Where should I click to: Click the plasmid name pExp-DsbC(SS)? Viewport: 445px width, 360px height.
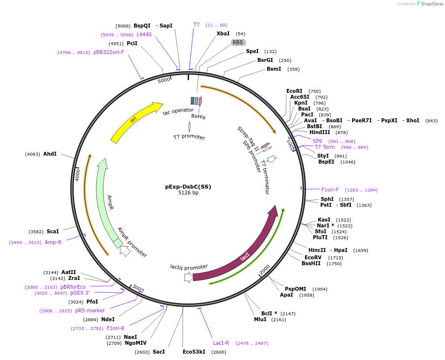(x=188, y=187)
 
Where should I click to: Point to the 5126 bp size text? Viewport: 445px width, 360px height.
(x=188, y=193)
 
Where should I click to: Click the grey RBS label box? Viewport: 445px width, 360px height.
(x=238, y=43)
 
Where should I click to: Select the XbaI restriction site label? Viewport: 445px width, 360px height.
(x=223, y=34)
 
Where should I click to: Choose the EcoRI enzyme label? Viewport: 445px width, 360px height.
(x=294, y=91)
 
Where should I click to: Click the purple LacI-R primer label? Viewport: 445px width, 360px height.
(x=221, y=343)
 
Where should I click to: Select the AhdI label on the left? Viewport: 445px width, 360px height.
(x=50, y=154)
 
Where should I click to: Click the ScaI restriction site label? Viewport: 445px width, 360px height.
(x=53, y=231)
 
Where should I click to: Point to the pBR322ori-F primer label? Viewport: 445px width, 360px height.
(x=109, y=53)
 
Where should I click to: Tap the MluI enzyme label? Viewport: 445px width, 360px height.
(x=260, y=319)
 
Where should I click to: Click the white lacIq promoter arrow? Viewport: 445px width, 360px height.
(x=189, y=277)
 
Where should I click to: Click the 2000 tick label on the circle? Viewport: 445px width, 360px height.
(x=265, y=270)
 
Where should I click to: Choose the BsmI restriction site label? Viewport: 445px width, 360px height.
(x=274, y=69)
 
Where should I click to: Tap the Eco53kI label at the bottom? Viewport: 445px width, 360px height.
(x=194, y=352)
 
